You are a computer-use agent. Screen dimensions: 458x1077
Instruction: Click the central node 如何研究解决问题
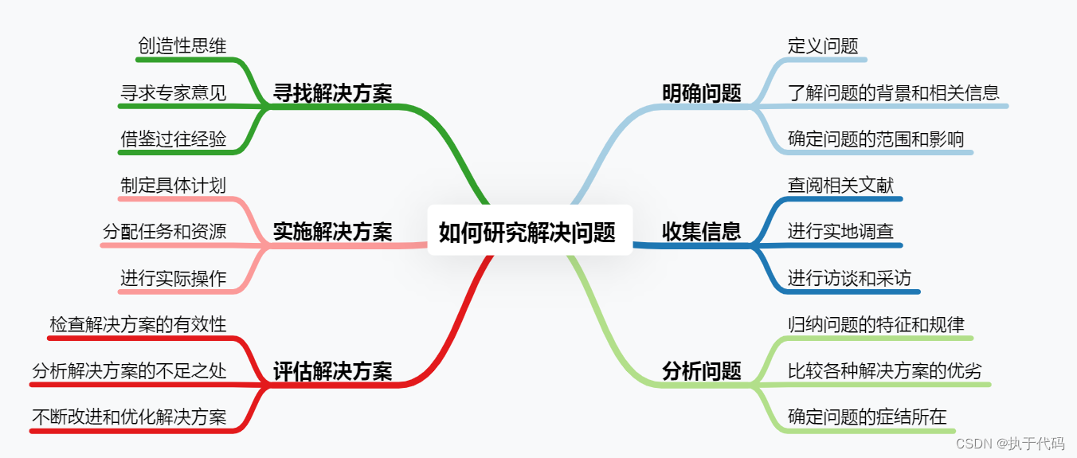(x=527, y=232)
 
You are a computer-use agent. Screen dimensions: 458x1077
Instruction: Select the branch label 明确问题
(x=701, y=93)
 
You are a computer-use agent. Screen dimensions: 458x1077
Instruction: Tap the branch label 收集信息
(x=701, y=231)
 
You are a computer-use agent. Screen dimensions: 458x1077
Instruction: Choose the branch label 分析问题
(x=701, y=370)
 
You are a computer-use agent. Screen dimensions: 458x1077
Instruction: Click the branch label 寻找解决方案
(x=332, y=93)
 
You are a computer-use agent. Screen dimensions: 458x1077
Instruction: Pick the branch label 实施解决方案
(x=332, y=231)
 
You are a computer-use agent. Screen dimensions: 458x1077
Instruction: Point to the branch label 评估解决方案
(x=332, y=370)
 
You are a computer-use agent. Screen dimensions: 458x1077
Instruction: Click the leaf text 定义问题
(x=823, y=45)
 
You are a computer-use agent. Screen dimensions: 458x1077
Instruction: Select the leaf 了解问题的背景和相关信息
(x=893, y=92)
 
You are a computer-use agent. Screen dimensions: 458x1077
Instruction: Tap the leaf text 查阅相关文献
(x=840, y=185)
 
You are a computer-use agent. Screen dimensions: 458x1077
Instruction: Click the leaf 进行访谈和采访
(x=849, y=278)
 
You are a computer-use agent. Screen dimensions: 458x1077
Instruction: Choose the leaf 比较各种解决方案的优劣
(x=884, y=370)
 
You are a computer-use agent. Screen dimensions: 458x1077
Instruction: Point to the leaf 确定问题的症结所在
(x=867, y=417)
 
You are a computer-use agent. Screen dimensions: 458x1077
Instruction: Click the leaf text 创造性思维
(x=182, y=45)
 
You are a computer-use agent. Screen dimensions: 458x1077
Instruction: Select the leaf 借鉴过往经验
(x=173, y=139)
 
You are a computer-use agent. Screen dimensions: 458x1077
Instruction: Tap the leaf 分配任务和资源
(x=164, y=231)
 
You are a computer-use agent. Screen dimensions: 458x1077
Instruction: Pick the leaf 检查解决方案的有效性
(x=138, y=324)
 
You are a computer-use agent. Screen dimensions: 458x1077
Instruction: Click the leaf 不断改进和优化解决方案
(x=129, y=417)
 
